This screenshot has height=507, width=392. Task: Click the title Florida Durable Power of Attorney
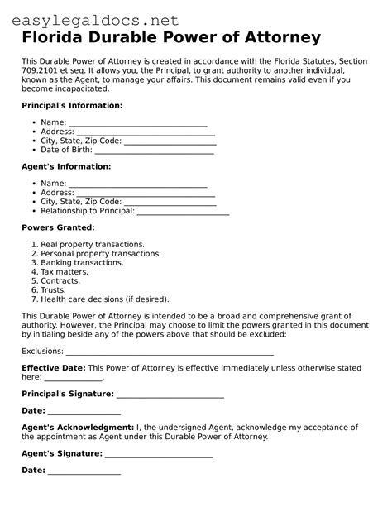(171, 38)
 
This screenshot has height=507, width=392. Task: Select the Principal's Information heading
(72, 106)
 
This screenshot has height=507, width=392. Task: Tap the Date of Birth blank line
(155, 150)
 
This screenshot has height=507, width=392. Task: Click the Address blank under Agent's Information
(146, 192)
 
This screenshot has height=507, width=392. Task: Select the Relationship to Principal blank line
(183, 211)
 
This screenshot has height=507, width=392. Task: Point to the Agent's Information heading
(66, 166)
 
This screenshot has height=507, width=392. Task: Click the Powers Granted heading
(58, 227)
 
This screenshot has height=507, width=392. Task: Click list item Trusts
(54, 290)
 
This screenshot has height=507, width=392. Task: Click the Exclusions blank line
(170, 351)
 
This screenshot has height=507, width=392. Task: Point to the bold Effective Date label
(53, 367)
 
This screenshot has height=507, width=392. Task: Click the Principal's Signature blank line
(170, 394)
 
